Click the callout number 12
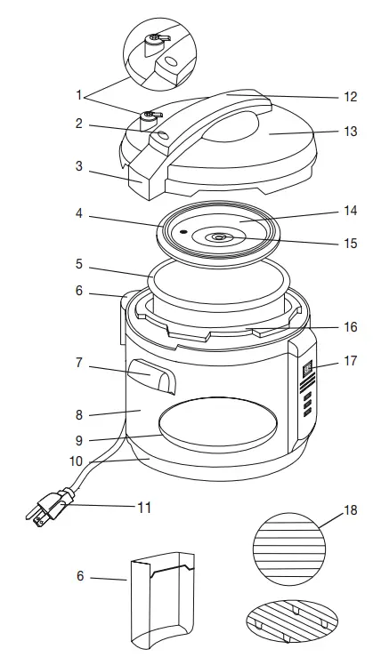click(351, 97)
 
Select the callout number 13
click(351, 132)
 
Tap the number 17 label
click(351, 362)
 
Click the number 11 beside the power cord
click(142, 509)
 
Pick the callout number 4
click(79, 214)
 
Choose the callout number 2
click(79, 124)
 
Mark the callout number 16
click(351, 327)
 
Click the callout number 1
click(79, 93)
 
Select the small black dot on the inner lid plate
click(182, 230)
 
